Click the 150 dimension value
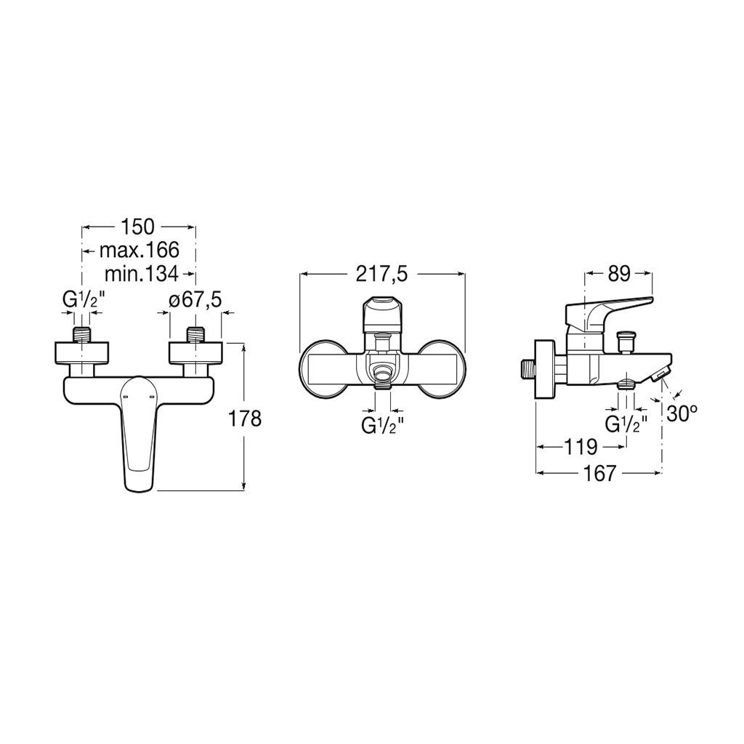pyautogui.click(x=137, y=227)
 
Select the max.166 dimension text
pyautogui.click(x=139, y=250)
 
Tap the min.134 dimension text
pyautogui.click(x=142, y=273)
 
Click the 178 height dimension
pyautogui.click(x=246, y=418)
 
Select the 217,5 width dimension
pyautogui.click(x=382, y=274)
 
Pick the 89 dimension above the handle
pyautogui.click(x=619, y=274)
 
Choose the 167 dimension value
pyautogui.click(x=599, y=473)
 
